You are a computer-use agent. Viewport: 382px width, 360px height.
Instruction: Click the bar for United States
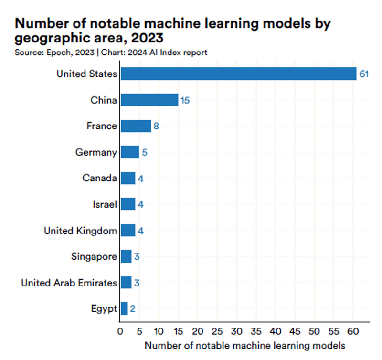(x=238, y=74)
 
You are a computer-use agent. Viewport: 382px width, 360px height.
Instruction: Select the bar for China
(x=149, y=100)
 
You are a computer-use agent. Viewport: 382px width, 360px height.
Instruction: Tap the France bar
(x=136, y=126)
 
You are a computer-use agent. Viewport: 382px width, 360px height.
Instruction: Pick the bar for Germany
(x=129, y=152)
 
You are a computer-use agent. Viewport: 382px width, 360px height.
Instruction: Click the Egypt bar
(x=124, y=309)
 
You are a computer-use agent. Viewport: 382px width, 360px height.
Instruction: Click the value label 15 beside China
(x=185, y=100)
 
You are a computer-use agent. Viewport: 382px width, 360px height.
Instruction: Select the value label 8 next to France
(x=156, y=127)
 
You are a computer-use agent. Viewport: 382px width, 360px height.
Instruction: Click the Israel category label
(x=105, y=204)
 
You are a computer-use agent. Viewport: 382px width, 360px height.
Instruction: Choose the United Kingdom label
(x=80, y=231)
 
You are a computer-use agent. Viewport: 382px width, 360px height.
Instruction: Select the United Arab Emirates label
(x=69, y=283)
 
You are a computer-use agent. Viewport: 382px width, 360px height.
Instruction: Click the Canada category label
(x=99, y=178)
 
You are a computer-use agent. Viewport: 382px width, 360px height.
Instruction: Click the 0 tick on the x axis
(x=120, y=330)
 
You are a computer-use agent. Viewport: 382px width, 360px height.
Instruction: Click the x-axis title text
(x=244, y=345)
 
